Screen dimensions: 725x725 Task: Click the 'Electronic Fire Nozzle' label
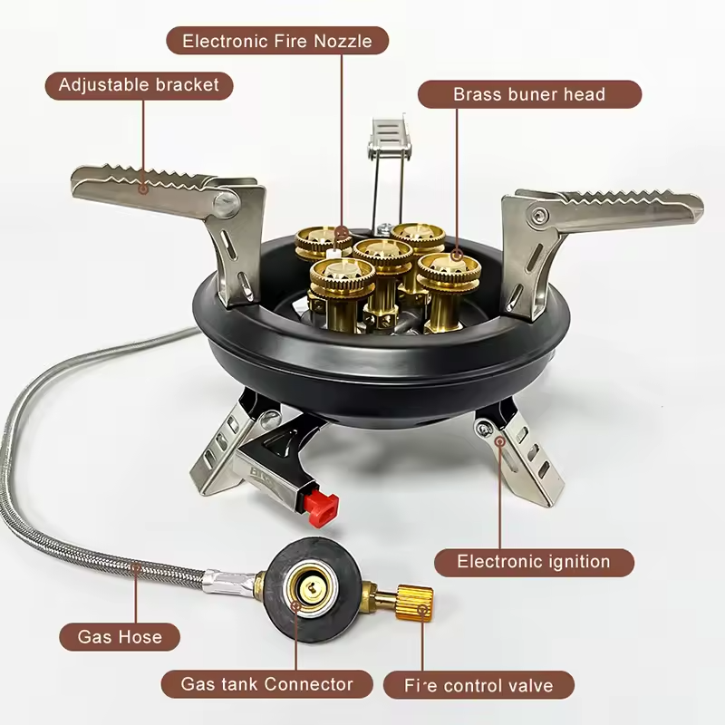pyautogui.click(x=278, y=41)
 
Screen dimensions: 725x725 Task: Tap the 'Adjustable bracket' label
pyautogui.click(x=139, y=85)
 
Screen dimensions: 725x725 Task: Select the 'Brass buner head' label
pyautogui.click(x=529, y=94)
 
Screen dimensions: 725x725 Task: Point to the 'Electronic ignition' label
pyautogui.click(x=534, y=562)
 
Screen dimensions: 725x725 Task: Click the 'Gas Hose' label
pyautogui.click(x=120, y=636)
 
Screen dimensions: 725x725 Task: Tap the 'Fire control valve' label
pyautogui.click(x=478, y=684)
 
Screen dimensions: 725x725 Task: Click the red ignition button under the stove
pyautogui.click(x=320, y=508)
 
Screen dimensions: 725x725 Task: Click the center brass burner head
pyautogui.click(x=383, y=258)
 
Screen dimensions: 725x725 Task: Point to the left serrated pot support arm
pyautogui.click(x=150, y=181)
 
